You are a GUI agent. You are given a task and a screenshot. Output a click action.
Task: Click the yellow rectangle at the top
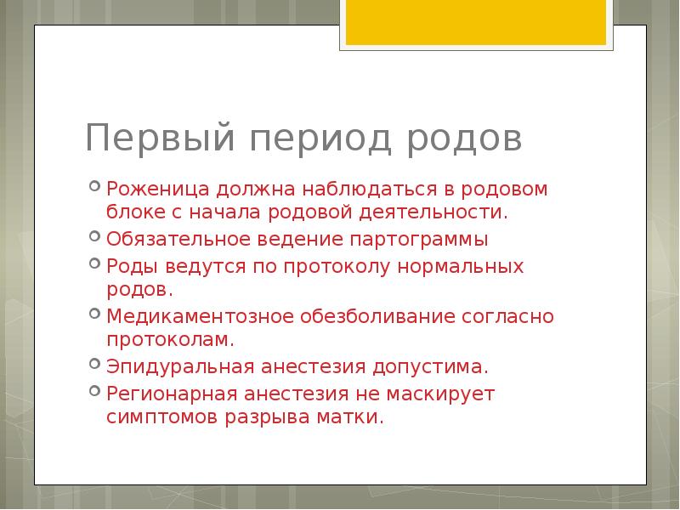(475, 22)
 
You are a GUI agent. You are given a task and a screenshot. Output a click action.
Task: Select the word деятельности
(443, 211)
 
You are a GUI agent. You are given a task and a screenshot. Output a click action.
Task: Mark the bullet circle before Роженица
(94, 186)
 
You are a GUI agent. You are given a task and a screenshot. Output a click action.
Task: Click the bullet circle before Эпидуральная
(94, 365)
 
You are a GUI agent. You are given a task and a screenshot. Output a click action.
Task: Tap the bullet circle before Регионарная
(94, 392)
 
